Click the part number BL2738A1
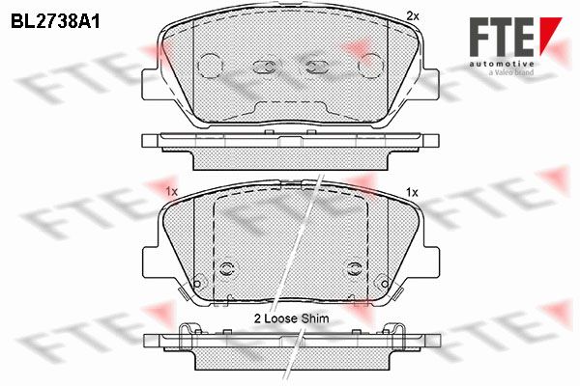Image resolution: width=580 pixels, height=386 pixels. [55, 22]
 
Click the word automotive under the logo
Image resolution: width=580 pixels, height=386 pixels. [502, 65]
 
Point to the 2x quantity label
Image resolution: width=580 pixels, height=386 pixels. [413, 15]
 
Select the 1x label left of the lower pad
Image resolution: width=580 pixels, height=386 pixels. [172, 191]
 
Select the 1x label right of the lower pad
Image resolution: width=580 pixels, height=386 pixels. [412, 192]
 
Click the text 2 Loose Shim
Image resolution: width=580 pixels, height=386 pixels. [291, 318]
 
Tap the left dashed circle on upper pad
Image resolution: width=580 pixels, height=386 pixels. [210, 66]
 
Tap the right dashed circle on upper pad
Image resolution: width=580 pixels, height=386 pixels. [371, 66]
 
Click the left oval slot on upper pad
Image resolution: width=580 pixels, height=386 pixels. [265, 67]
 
